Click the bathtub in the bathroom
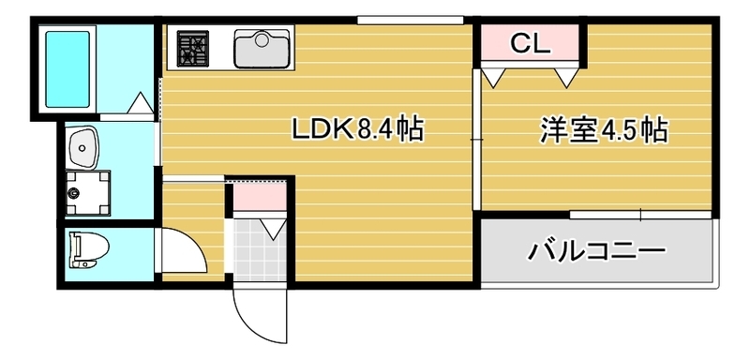tap(67, 67)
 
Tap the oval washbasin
tap(85, 146)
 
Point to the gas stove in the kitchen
tap(193, 48)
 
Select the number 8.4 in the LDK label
tap(375, 129)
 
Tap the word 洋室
tap(567, 129)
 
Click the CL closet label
tap(531, 43)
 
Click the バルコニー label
tap(596, 251)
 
